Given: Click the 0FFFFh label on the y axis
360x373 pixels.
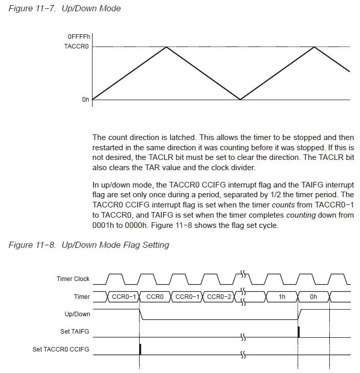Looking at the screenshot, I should [x=79, y=37].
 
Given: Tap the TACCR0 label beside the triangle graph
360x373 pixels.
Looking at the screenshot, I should [x=76, y=46].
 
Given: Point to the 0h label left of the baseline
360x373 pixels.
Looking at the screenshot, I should [x=85, y=100].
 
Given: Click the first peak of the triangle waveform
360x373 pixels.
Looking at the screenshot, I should [x=166, y=47].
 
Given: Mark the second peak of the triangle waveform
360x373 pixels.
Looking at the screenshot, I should [x=314, y=47].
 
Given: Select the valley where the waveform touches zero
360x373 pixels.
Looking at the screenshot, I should [x=240, y=99].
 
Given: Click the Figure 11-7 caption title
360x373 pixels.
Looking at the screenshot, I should [x=65, y=9].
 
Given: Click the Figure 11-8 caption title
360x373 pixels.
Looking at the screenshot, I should [x=88, y=245].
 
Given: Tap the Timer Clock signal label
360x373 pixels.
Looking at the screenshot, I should [x=73, y=279].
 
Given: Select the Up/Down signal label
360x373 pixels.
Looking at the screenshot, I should [x=78, y=314].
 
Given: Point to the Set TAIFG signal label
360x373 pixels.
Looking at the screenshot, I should [x=75, y=332].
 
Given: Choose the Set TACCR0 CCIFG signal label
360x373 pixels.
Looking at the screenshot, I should [x=61, y=349].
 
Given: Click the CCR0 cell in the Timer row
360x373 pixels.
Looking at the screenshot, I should [x=154, y=296].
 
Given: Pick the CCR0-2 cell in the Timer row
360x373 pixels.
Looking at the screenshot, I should [x=219, y=296].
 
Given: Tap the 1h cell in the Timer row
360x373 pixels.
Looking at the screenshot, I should [x=282, y=296].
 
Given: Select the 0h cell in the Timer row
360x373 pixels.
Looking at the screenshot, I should [x=313, y=296].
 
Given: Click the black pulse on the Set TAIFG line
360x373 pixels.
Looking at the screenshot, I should [x=299, y=332].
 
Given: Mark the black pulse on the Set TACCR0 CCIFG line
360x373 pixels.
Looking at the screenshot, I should [x=140, y=349].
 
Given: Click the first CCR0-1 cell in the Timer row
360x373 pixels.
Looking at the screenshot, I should [x=123, y=296].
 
